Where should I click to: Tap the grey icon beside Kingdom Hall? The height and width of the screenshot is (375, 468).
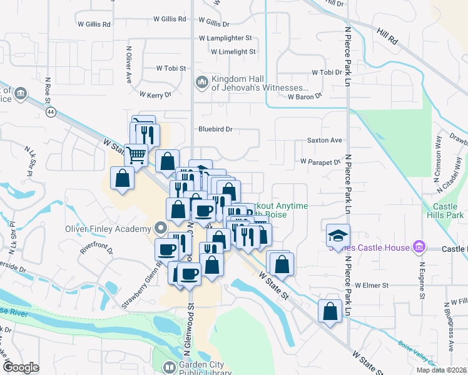pos(201,82)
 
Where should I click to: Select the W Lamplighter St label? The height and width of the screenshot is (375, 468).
pos(225,38)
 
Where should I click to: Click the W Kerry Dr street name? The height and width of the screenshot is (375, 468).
pos(151,94)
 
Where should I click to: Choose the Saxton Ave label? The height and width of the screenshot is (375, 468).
pos(325,140)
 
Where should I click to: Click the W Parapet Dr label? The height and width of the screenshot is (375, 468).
pos(320,161)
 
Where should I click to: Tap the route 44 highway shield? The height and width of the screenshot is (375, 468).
pos(50,111)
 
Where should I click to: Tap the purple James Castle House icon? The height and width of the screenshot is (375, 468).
pos(419,248)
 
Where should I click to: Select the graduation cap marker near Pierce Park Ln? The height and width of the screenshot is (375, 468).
pos(338,236)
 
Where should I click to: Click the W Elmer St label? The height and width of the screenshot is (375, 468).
pos(372,285)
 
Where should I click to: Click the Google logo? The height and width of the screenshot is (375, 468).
pos(21,367)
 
